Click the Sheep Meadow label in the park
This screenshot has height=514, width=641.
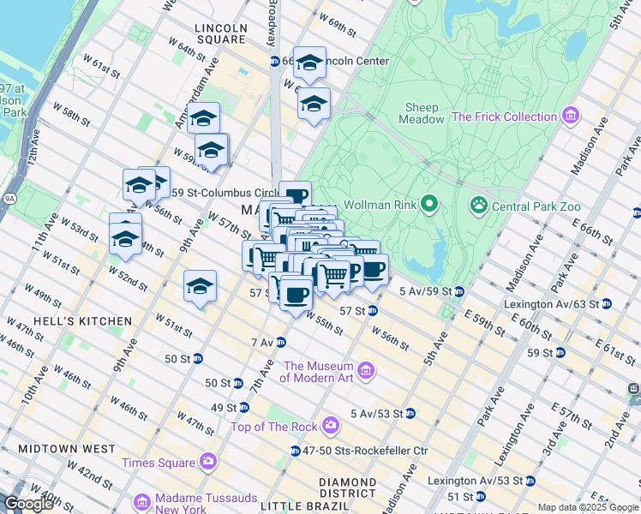(422, 113)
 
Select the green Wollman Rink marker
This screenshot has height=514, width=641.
(429, 205)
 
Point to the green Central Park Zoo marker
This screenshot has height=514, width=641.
(478, 206)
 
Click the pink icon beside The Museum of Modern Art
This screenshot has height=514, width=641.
(366, 371)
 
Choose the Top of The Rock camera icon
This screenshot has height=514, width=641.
(331, 426)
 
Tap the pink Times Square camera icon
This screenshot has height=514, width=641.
(207, 463)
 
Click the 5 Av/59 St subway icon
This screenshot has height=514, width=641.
(458, 291)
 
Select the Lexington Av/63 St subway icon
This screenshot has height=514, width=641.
(607, 303)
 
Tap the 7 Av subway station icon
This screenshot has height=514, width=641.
(279, 343)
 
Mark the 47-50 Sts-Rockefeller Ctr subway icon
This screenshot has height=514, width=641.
(295, 451)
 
